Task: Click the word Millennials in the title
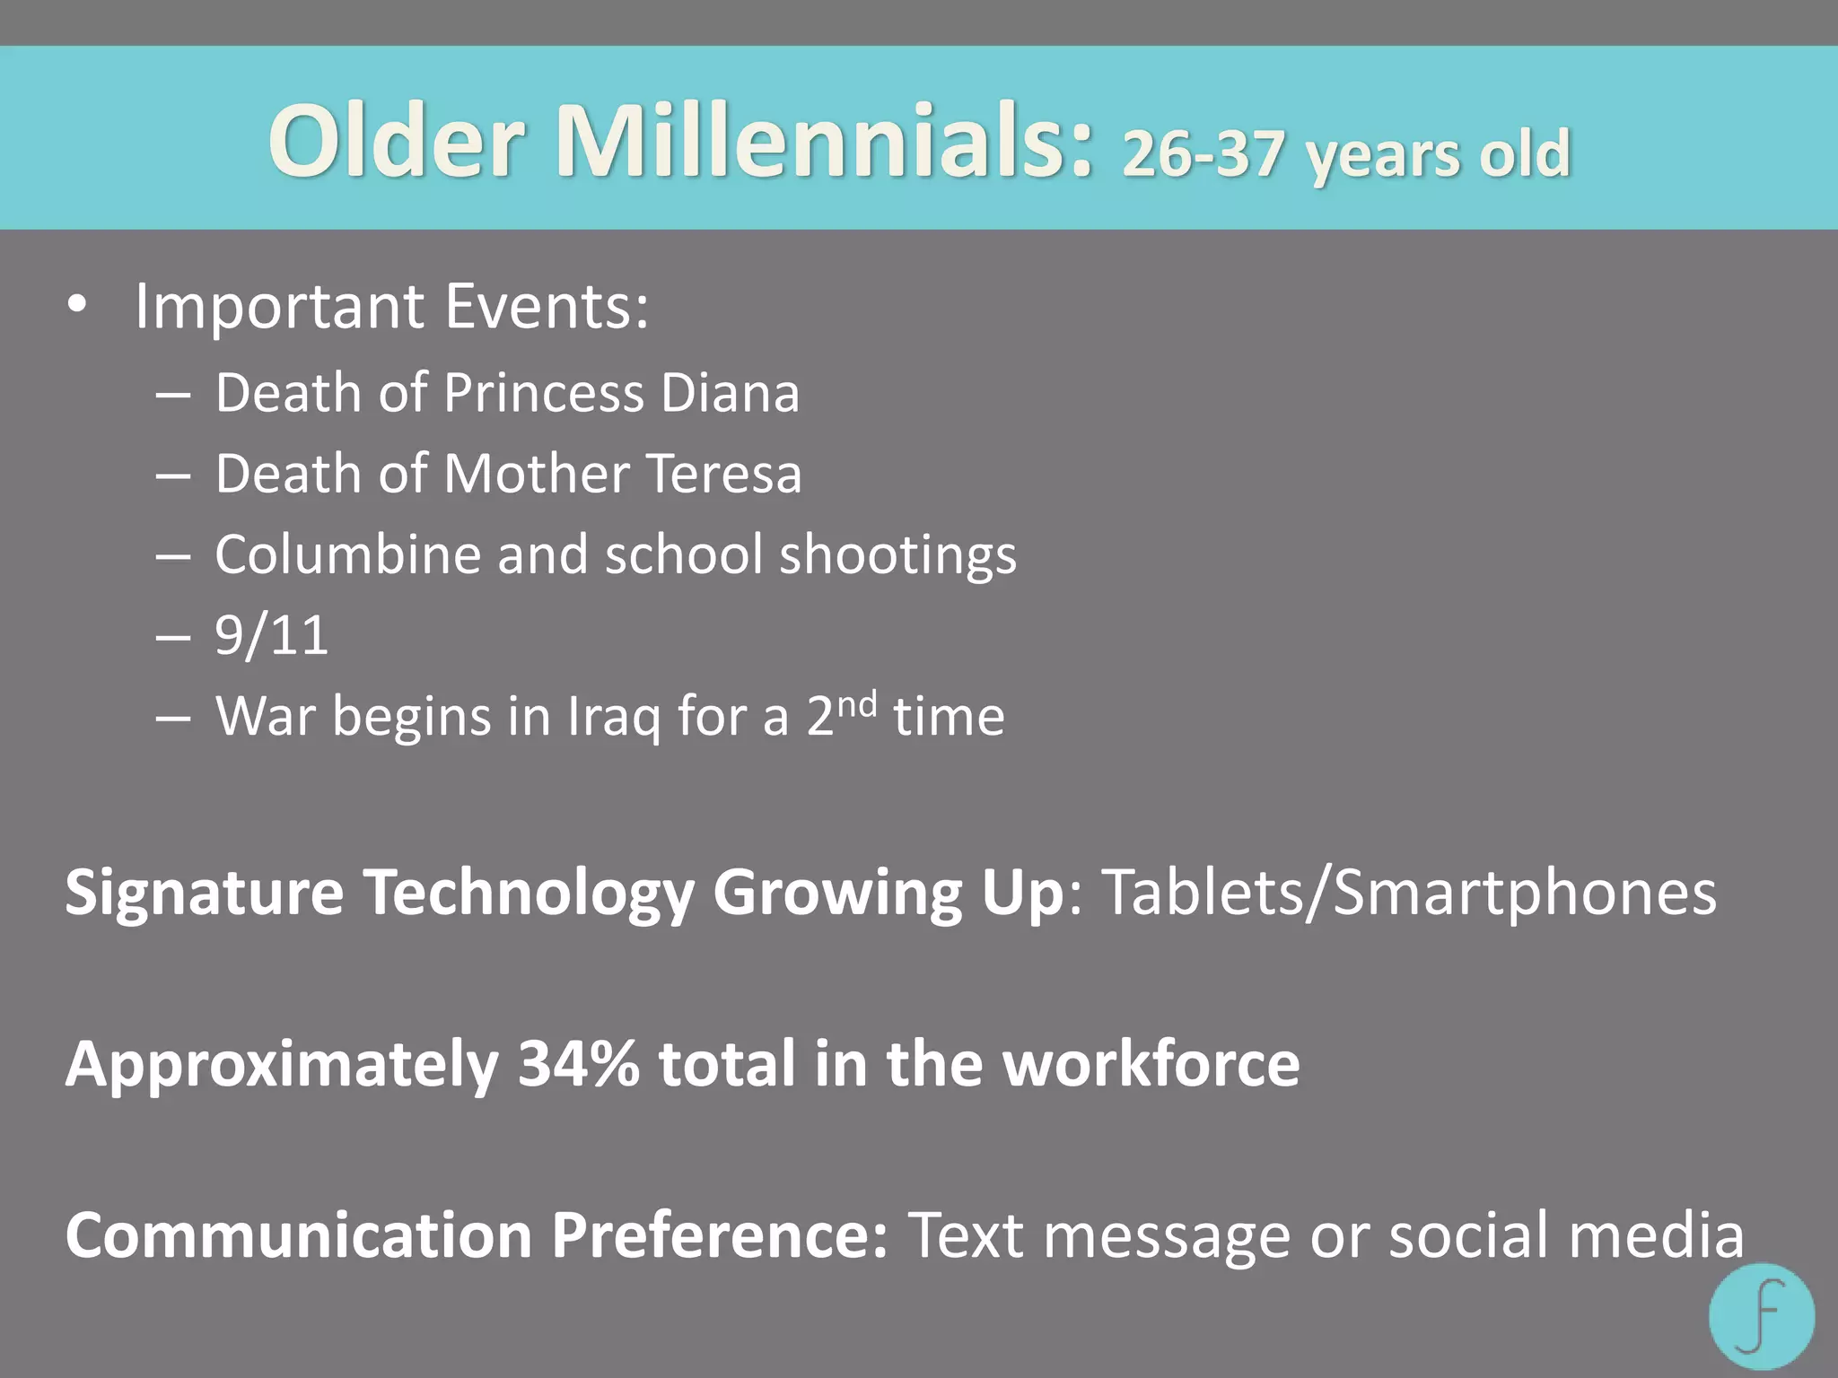coord(824,142)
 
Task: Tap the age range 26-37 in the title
coord(1203,153)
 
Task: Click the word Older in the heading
coord(396,142)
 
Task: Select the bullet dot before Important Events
coord(78,306)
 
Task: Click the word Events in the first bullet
coord(547,306)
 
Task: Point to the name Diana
coord(730,393)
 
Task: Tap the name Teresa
coord(723,474)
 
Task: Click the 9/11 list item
coord(272,635)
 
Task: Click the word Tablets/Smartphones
coord(1409,893)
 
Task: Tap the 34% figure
coord(579,1064)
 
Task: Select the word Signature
coord(205,893)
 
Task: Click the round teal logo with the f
coord(1762,1316)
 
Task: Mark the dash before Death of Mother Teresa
coord(172,475)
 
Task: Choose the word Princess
coord(544,393)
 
